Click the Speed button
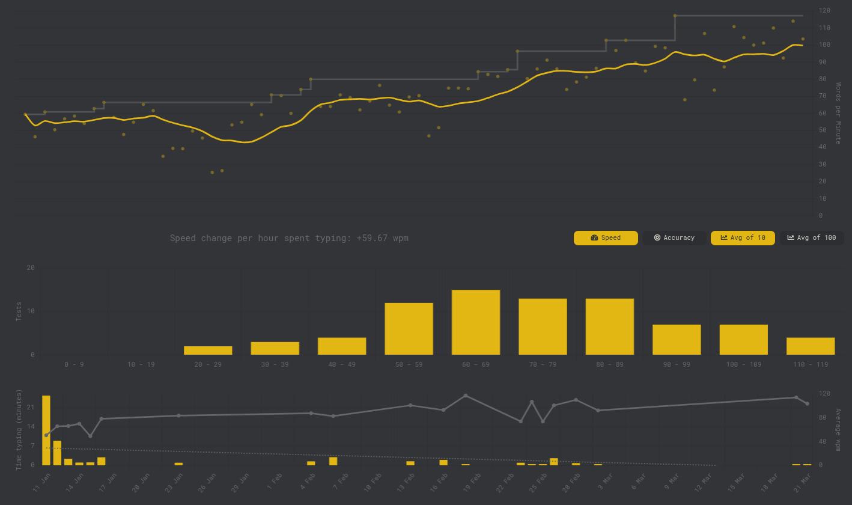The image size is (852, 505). coord(606,238)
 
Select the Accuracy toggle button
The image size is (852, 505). coord(674,238)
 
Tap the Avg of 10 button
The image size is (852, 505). coord(743,238)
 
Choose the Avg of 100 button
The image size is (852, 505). coord(812,238)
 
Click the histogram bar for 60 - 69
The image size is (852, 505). coord(476,322)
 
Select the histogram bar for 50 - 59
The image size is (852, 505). coord(409,329)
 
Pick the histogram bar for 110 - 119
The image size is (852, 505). coord(811,346)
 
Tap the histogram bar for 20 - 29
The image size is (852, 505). coord(208,350)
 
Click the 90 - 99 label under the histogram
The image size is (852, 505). coord(677,364)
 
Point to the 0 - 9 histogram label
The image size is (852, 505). coord(74,364)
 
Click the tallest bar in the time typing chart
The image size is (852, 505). coord(46,430)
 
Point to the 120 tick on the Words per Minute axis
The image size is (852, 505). coord(824,10)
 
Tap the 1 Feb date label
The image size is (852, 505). coord(273,481)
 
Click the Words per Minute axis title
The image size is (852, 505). coord(838,113)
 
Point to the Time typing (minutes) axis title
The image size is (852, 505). coord(19,429)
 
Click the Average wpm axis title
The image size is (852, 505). coord(838,429)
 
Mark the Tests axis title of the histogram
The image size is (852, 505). coord(19,311)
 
